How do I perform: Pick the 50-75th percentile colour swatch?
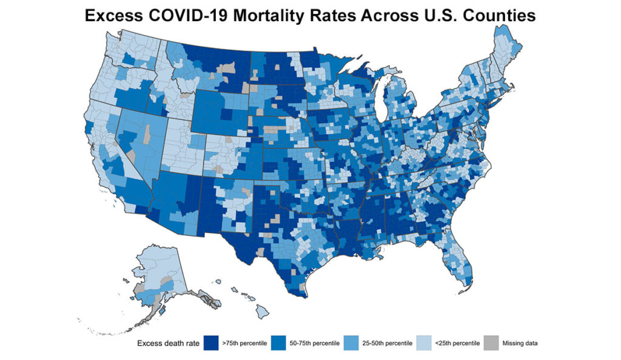point(279,343)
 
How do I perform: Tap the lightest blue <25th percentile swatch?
point(422,343)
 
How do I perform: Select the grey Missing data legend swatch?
point(489,343)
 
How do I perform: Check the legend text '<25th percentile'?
point(453,344)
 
